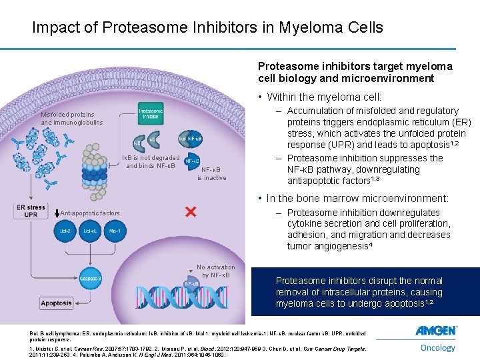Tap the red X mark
pyautogui.click(x=190, y=211)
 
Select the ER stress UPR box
pyautogui.click(x=31, y=211)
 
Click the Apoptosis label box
pyautogui.click(x=75, y=303)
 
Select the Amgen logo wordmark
pyautogui.click(x=436, y=331)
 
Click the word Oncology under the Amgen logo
pyautogui.click(x=437, y=347)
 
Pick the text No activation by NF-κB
pyautogui.click(x=215, y=271)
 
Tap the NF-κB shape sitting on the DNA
pyautogui.click(x=191, y=283)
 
